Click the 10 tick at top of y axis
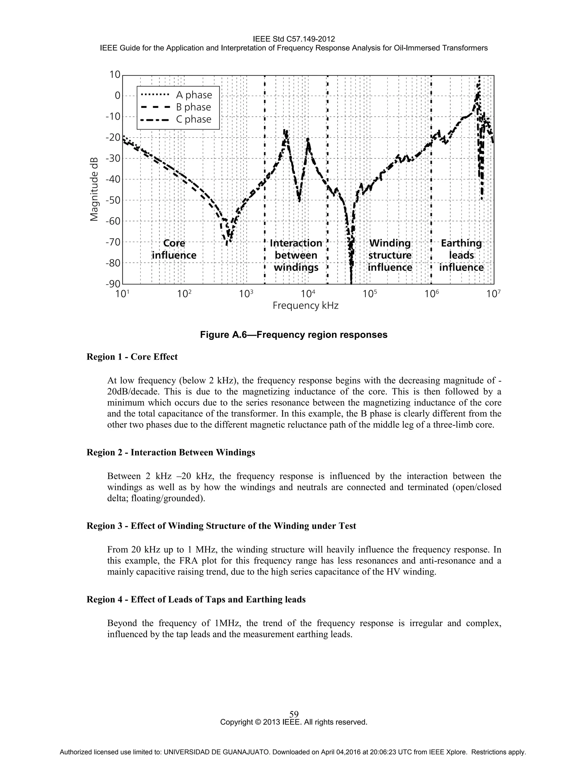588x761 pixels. pos(115,75)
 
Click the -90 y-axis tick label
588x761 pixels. pos(113,284)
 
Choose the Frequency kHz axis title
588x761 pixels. pos(305,306)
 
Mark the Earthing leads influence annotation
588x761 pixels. pos(461,255)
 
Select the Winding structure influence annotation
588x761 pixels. pos(390,255)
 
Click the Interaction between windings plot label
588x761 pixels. pos(296,255)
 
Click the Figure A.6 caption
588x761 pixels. pos(294,335)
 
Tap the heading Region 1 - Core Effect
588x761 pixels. pos(132,357)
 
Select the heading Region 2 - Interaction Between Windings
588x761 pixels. pos(171,452)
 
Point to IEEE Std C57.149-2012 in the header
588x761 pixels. pos(294,39)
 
